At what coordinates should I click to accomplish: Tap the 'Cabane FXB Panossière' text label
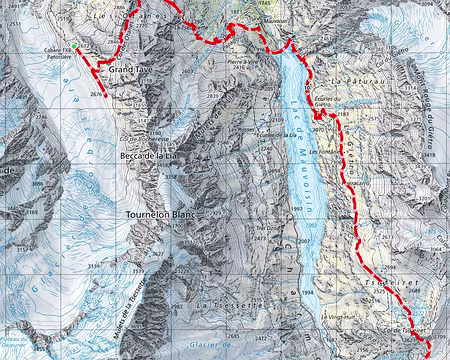(x=60, y=55)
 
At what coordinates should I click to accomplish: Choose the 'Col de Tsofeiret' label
(x=396, y=329)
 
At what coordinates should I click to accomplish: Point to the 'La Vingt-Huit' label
(x=340, y=318)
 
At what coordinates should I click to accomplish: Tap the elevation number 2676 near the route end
(x=95, y=94)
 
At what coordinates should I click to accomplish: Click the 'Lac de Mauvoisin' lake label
(x=298, y=160)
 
